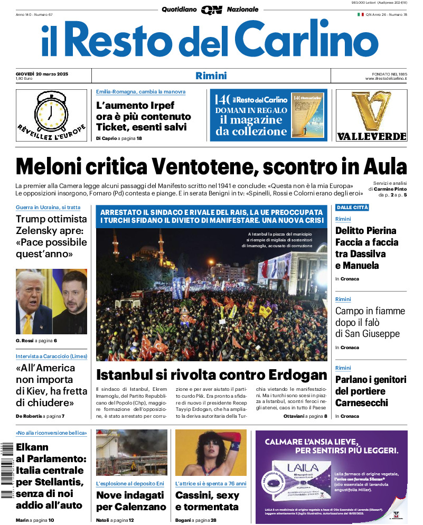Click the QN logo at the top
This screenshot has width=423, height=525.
coord(211,10)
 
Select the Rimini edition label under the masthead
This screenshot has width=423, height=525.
coord(211,76)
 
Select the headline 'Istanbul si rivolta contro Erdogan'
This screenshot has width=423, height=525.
coord(211,375)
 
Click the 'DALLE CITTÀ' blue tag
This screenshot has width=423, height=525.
coord(352,208)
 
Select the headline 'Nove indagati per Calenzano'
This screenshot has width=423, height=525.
coord(131,501)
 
